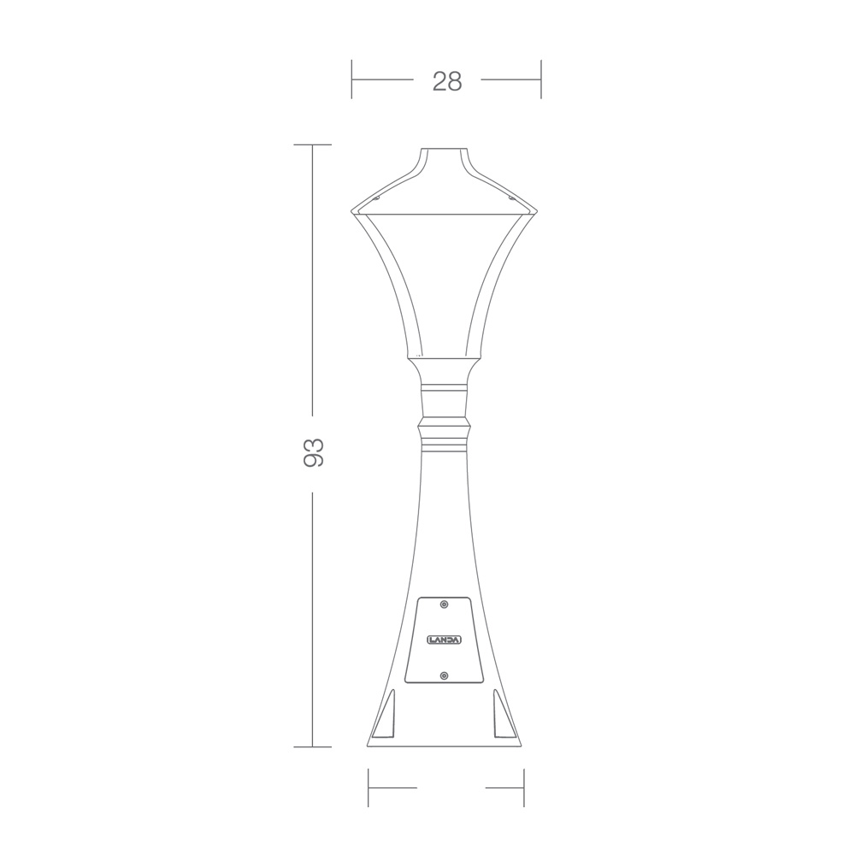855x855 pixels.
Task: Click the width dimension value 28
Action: coord(446,80)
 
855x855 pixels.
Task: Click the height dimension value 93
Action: coord(313,452)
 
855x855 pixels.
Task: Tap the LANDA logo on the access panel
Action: coord(444,640)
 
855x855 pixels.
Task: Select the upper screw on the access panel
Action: coord(444,604)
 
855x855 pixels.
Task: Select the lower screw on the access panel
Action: coord(444,676)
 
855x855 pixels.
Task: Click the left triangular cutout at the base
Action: coord(386,718)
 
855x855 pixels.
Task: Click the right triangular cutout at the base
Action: coord(504,718)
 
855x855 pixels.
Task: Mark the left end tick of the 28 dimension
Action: coord(352,80)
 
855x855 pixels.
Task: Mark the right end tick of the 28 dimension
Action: coord(541,80)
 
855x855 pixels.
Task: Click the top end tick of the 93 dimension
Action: coord(312,145)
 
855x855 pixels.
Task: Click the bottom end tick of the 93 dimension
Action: coord(312,747)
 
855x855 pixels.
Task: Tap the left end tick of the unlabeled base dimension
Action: coord(369,787)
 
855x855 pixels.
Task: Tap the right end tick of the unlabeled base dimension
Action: coord(523,787)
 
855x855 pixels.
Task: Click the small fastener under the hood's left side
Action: coord(376,198)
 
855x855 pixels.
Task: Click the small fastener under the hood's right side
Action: coord(512,198)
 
